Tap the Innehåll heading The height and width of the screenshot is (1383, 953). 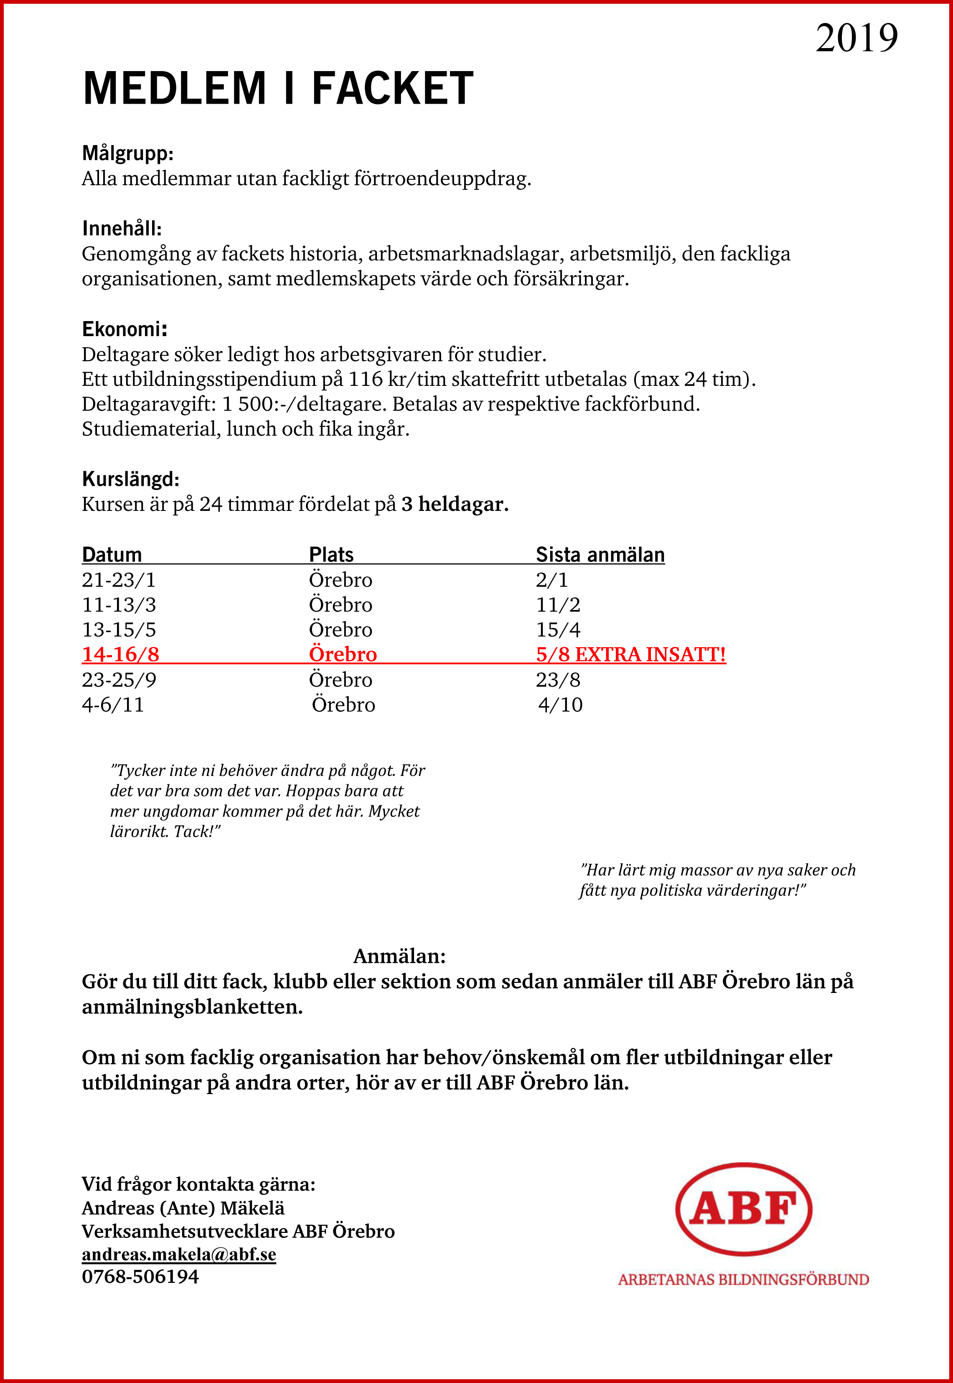[x=122, y=228]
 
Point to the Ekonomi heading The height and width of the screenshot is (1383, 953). [x=124, y=329]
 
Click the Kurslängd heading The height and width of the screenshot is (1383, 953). [x=130, y=479]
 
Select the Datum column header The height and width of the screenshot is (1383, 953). [x=112, y=554]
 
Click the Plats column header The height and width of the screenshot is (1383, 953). [x=331, y=554]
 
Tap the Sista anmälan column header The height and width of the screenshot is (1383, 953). [x=600, y=554]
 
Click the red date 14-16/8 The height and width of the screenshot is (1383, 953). [x=120, y=655]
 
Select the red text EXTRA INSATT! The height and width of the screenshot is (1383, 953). [x=650, y=655]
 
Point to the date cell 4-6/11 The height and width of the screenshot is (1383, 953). [x=112, y=705]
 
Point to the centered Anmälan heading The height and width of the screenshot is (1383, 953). [x=399, y=956]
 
